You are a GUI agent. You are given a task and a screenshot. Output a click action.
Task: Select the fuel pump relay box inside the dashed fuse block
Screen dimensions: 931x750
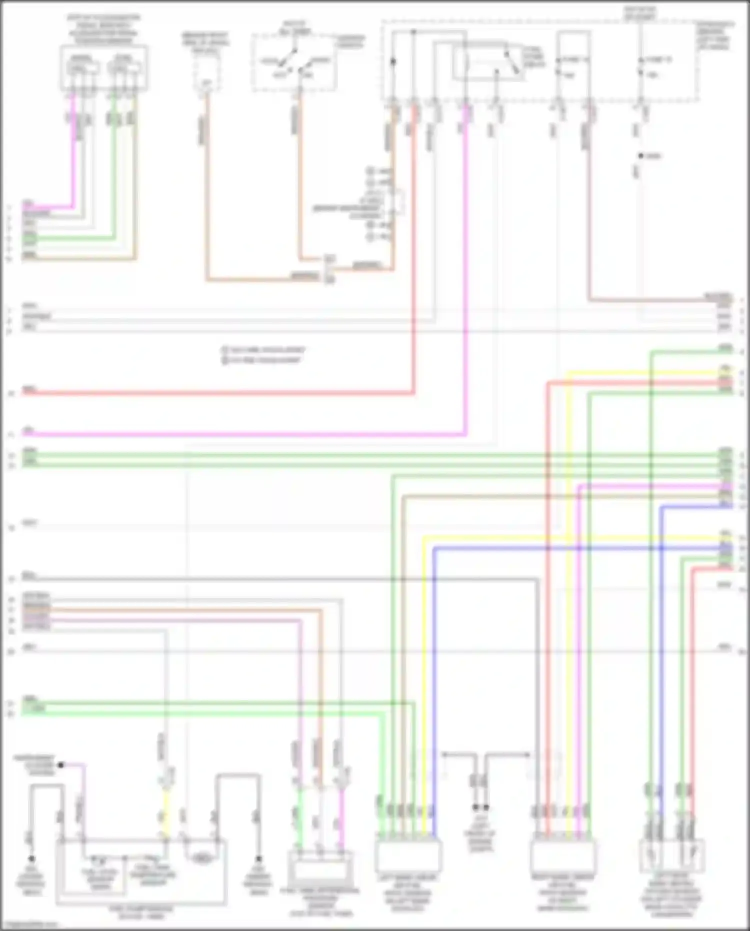tap(487, 63)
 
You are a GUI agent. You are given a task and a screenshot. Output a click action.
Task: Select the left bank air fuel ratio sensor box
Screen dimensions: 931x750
tap(408, 856)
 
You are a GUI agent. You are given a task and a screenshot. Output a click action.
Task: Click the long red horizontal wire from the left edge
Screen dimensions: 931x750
tap(200, 393)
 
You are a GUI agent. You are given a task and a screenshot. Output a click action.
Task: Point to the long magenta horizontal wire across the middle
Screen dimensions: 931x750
tap(225, 434)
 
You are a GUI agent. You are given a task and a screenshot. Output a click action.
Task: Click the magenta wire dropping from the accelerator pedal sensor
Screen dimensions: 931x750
tap(74, 150)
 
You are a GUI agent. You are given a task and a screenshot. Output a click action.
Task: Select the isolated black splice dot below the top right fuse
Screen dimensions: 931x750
tap(640, 156)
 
